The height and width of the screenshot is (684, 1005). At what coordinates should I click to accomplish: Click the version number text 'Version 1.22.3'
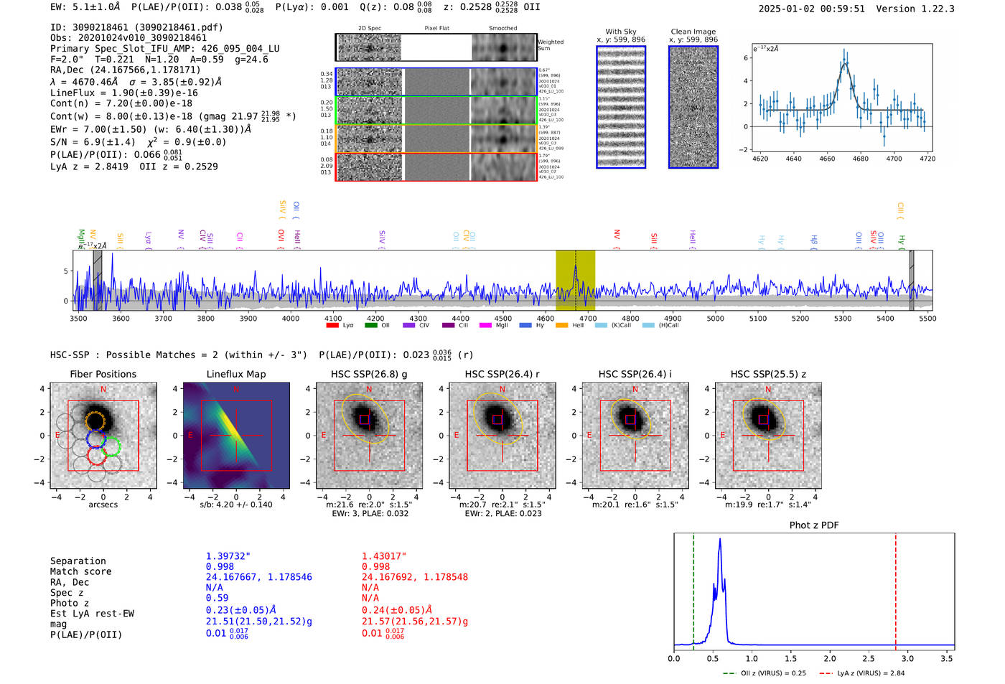915,9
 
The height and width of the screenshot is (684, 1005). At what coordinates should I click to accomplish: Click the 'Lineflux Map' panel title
236,374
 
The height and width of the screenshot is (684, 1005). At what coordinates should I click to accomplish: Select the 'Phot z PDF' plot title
814,525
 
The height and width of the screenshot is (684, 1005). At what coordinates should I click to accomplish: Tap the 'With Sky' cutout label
621,32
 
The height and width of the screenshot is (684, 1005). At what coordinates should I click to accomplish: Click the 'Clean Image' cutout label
693,32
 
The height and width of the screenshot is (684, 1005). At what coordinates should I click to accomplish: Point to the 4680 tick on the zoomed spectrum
861,159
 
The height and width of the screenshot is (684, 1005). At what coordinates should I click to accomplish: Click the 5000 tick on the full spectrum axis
715,319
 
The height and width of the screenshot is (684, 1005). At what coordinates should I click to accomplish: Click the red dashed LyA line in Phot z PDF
896,589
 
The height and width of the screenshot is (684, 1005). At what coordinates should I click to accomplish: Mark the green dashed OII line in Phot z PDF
693,589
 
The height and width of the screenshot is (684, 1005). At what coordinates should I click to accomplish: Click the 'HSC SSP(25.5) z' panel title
768,374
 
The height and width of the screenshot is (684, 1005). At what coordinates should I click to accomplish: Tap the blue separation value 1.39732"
228,556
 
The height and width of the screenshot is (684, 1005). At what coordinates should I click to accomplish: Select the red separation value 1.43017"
383,556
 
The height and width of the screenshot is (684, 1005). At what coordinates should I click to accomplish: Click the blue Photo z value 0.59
217,598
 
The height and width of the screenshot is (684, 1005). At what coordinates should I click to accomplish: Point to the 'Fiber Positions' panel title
103,374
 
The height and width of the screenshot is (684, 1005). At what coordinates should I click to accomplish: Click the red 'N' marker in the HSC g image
369,390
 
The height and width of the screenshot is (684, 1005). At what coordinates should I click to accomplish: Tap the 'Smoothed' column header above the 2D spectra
502,29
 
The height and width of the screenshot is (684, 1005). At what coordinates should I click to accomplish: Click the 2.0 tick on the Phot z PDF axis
830,658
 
